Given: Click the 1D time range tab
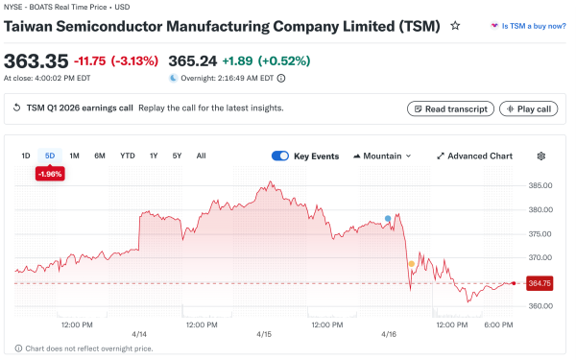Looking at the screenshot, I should [x=26, y=156].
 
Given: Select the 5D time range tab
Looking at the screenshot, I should [x=50, y=156].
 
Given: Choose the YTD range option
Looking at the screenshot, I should [x=127, y=156].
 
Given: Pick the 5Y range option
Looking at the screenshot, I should [x=177, y=156].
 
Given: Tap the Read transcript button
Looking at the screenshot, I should [x=450, y=108].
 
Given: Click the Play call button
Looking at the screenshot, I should [x=527, y=108].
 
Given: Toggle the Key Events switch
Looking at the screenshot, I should [x=280, y=156].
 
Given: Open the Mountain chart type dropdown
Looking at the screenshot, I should [x=382, y=156].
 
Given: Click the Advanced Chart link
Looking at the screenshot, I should [x=474, y=156].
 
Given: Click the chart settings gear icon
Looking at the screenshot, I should [x=541, y=156].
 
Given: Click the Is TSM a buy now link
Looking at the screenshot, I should [x=528, y=26].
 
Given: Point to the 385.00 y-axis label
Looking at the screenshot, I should [x=540, y=185].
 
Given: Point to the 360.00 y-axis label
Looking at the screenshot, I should [x=540, y=306].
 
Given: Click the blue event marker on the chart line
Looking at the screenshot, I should [x=388, y=219].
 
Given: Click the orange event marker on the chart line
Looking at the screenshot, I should [x=412, y=263].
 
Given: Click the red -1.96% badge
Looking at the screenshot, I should [x=50, y=174].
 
